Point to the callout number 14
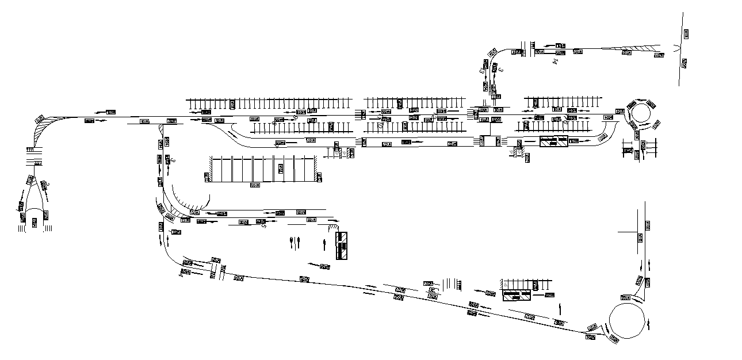point(556,59)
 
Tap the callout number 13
point(482,71)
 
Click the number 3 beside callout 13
point(501,70)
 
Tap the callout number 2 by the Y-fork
point(48,184)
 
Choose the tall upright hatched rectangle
point(342,246)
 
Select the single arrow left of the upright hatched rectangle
point(326,246)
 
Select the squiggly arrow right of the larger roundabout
point(650,325)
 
